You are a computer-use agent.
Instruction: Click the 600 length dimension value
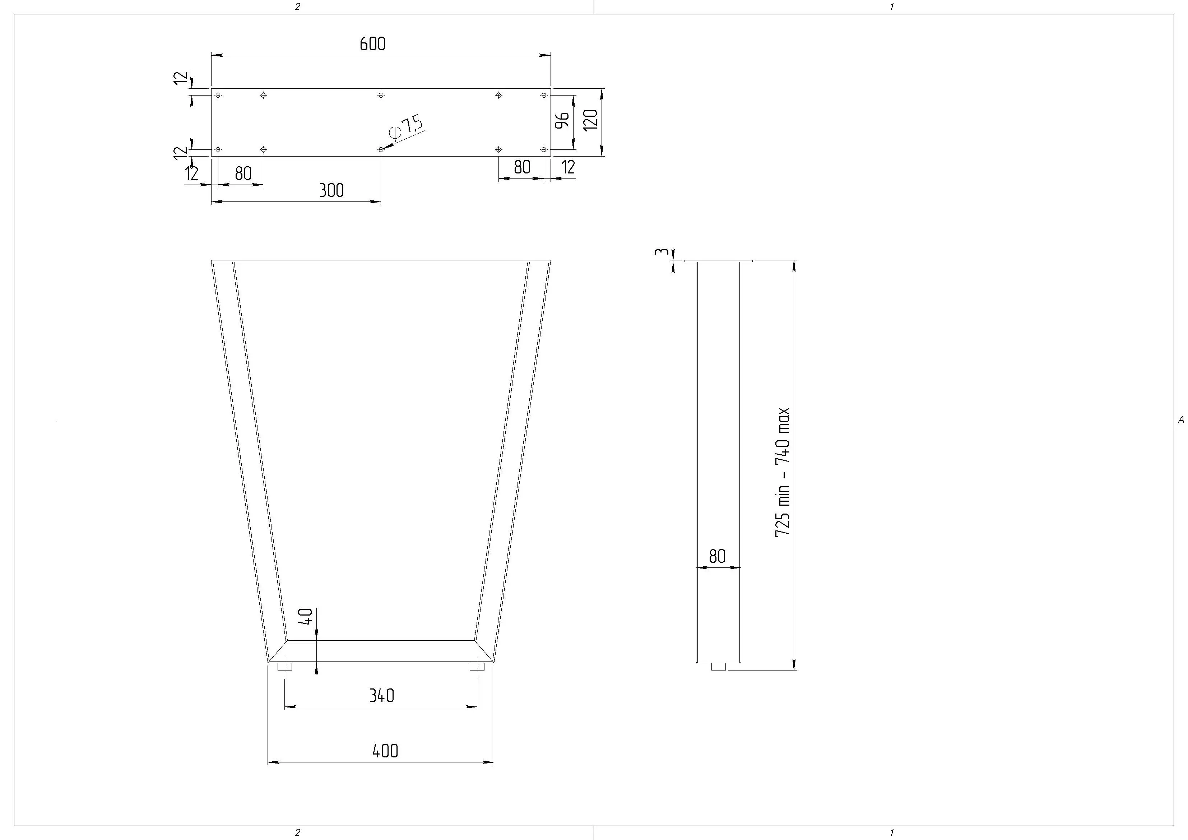pyautogui.click(x=372, y=44)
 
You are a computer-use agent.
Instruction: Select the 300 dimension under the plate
pyautogui.click(x=331, y=190)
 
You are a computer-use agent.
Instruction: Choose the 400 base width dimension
pyautogui.click(x=385, y=751)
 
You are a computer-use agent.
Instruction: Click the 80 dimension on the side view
pyautogui.click(x=717, y=556)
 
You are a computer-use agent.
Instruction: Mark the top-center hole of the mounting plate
pyautogui.click(x=381, y=95)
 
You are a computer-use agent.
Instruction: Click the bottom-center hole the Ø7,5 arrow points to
pyautogui.click(x=381, y=149)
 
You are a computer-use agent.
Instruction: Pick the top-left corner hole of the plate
pyautogui.click(x=218, y=95)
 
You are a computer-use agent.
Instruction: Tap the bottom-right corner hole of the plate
pyautogui.click(x=544, y=149)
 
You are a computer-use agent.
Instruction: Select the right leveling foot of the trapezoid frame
pyautogui.click(x=477, y=667)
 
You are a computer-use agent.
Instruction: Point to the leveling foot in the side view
pyautogui.click(x=718, y=667)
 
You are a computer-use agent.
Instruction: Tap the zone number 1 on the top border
pyautogui.click(x=891, y=7)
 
